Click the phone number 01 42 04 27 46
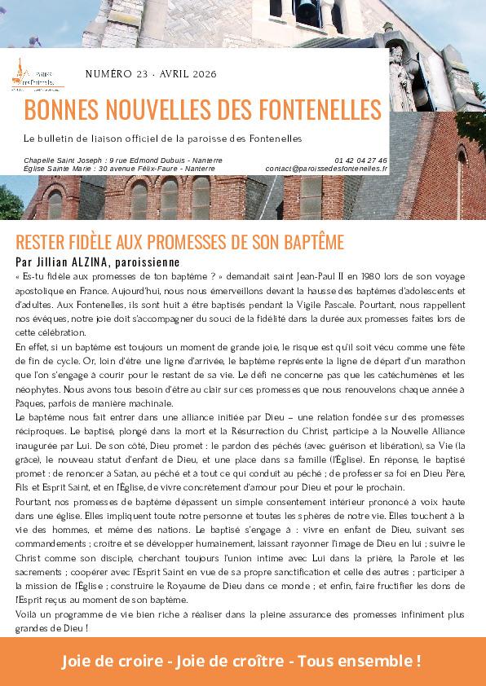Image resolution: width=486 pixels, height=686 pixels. tap(361, 160)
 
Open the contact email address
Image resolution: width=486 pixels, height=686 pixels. tap(326, 168)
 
